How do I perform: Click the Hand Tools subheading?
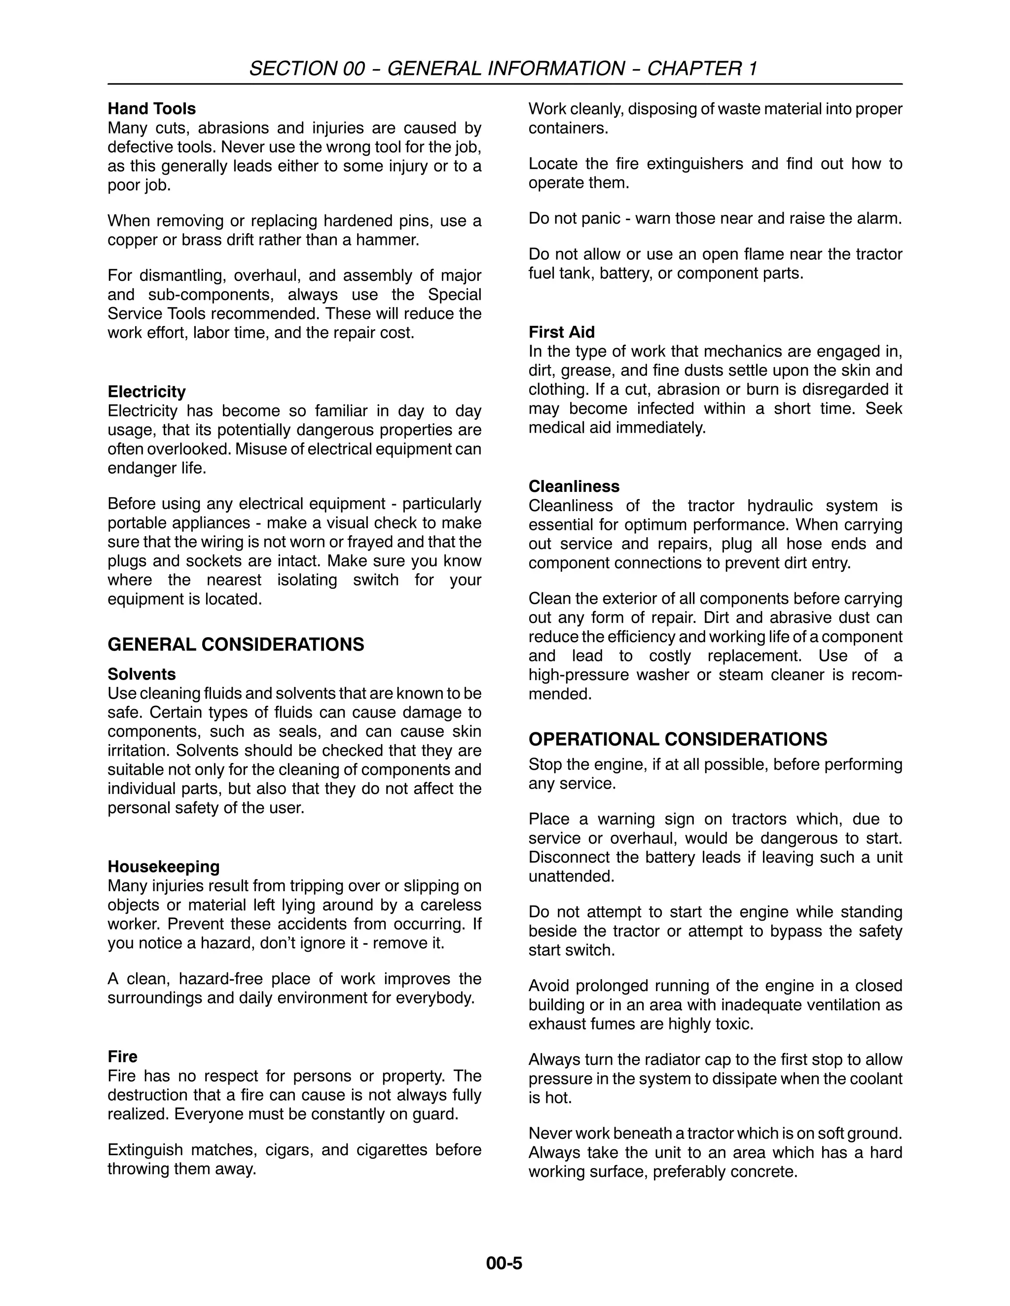[x=151, y=109]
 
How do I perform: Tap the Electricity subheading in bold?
[x=146, y=392]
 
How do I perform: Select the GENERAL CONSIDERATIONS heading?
[x=236, y=645]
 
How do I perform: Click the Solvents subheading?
[x=142, y=675]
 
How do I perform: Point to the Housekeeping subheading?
[x=163, y=867]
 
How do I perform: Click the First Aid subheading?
[x=561, y=333]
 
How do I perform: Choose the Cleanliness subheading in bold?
[x=574, y=487]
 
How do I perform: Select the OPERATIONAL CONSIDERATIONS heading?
[x=677, y=740]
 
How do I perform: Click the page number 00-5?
[x=505, y=1264]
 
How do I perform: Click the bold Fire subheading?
[x=122, y=1057]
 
